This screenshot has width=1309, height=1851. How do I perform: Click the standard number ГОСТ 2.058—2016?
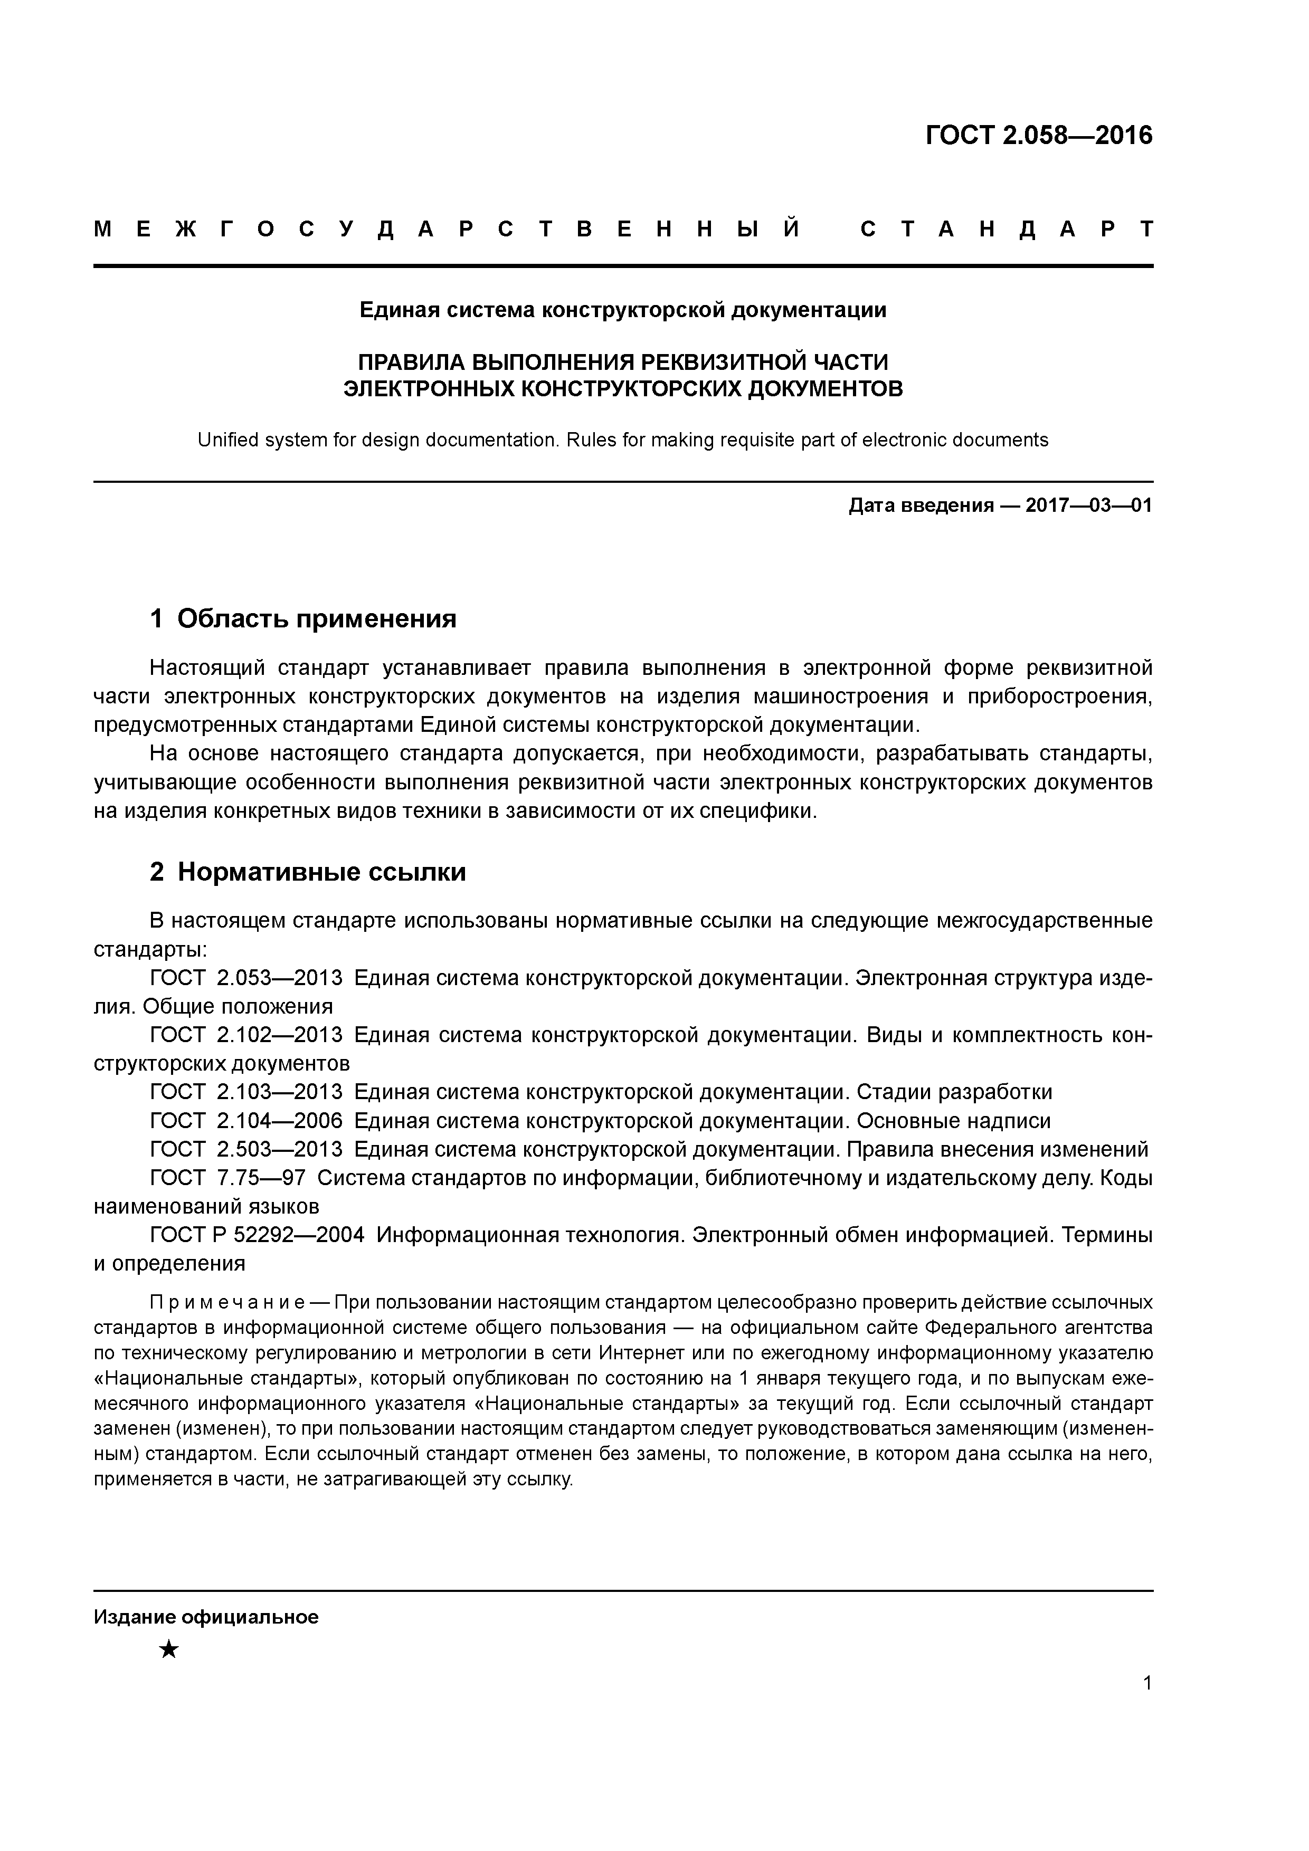tap(1038, 136)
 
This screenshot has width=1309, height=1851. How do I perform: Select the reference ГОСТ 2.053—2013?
tap(246, 979)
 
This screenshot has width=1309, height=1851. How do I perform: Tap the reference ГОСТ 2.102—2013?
tap(246, 1035)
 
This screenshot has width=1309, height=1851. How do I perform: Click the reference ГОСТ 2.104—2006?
tap(246, 1121)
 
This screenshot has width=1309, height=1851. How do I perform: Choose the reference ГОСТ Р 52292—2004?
tap(257, 1235)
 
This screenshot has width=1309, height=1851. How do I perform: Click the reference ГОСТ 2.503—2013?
tap(246, 1150)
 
